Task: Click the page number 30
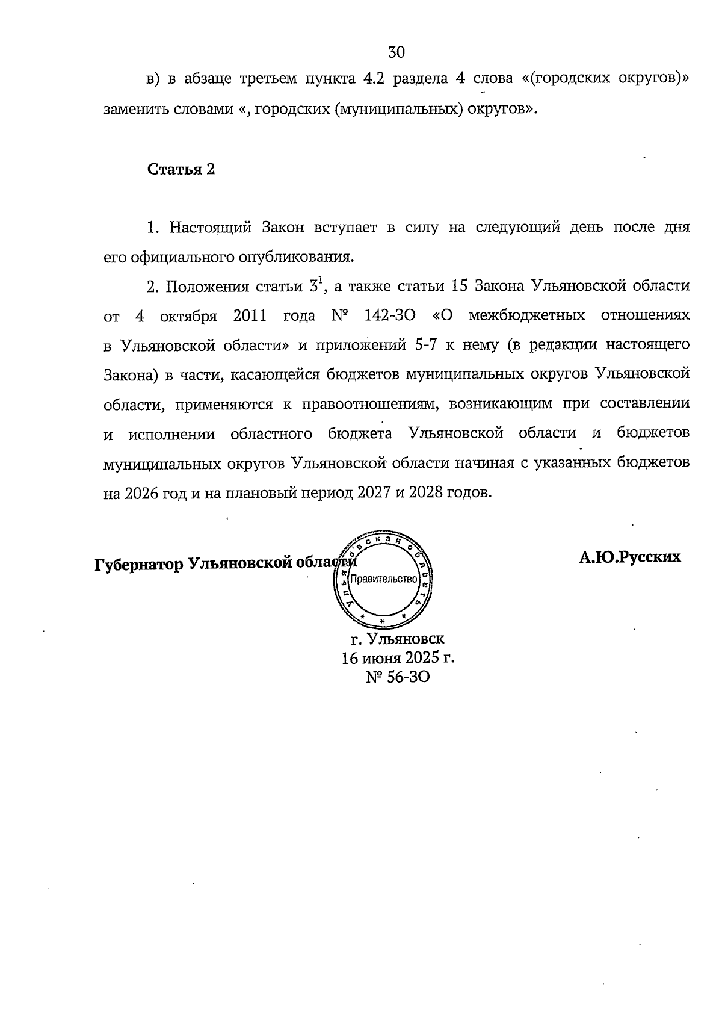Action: (x=396, y=52)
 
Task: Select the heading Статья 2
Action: (x=181, y=169)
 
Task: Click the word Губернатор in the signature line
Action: (x=139, y=564)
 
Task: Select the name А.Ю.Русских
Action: (x=630, y=557)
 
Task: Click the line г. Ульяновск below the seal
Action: (x=398, y=638)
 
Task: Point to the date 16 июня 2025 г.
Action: (x=398, y=657)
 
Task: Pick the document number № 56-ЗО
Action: (x=398, y=677)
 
